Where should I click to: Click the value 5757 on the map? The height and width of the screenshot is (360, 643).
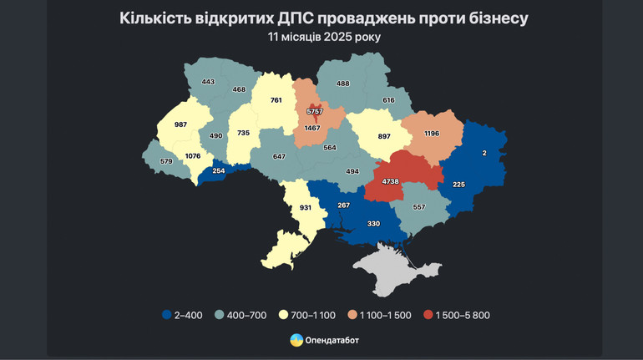pos(315,110)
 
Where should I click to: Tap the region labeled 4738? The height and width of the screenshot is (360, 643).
pos(391,180)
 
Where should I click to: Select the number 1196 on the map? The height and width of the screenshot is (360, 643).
pos(432,134)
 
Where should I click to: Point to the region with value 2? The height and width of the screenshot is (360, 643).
pos(484,153)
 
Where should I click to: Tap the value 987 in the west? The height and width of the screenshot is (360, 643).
pos(180,124)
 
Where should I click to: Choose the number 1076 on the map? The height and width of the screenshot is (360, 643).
pos(193,155)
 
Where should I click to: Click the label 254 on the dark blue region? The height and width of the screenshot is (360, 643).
pos(219,170)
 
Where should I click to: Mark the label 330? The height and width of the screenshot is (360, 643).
pos(374,223)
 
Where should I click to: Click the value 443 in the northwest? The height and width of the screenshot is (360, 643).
pos(208,81)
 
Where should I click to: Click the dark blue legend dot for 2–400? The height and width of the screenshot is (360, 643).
pos(167,315)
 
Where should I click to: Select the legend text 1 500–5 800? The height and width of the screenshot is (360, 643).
pos(459,315)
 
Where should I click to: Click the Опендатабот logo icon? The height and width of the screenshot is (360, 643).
pos(296,340)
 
